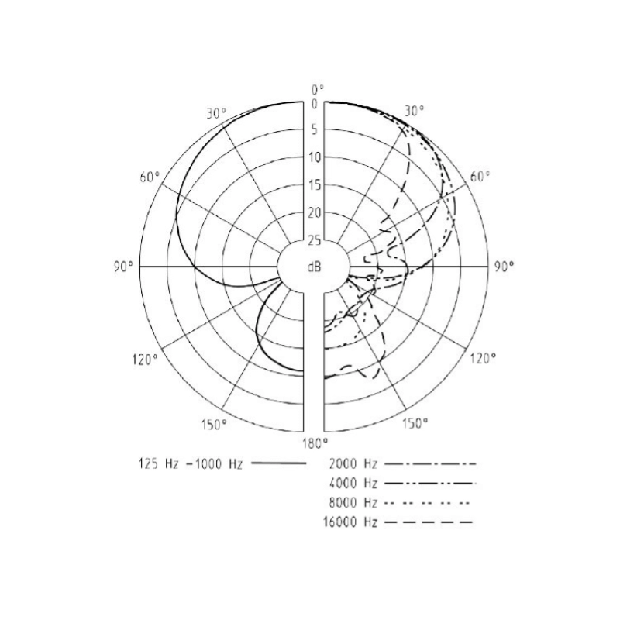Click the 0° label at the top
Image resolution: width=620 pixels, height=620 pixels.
pos(317,90)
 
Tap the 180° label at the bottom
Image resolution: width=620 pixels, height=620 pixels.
pos(315,443)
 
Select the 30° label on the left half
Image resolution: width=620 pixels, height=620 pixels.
pos(216,113)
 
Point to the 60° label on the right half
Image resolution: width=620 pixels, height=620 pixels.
pos(480,177)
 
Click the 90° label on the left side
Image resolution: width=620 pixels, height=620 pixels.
pos(124,267)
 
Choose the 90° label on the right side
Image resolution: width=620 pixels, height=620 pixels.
pos(505,267)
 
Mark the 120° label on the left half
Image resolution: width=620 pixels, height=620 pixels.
pos(145,360)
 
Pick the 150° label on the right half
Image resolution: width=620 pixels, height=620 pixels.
pos(415,423)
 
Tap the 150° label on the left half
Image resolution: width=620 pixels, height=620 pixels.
pos(214,425)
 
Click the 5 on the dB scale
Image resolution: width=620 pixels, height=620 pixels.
pos(314,129)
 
